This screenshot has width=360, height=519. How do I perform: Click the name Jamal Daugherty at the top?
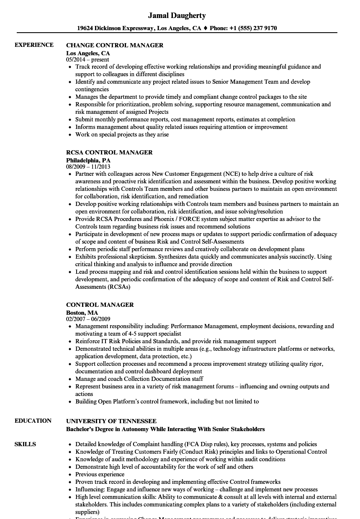[x=177, y=15]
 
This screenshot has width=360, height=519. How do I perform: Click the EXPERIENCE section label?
[x=34, y=45]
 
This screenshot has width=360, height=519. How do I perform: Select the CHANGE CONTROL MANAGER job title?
[x=115, y=45]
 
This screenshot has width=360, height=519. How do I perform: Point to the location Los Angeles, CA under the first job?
[x=88, y=53]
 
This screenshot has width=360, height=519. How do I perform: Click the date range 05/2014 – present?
[x=87, y=60]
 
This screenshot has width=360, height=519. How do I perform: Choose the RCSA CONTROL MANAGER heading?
[x=109, y=152]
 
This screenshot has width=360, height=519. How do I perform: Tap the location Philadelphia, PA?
[x=88, y=160]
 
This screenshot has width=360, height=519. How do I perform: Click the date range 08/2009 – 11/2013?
[x=88, y=167]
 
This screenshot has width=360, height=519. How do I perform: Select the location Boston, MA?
[x=82, y=313]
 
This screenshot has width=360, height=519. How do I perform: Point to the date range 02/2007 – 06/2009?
[x=88, y=319]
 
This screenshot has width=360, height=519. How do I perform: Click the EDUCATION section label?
[x=33, y=421]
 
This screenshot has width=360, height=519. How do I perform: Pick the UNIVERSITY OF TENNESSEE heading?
[x=111, y=421]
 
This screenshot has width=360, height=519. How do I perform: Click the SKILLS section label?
[x=25, y=444]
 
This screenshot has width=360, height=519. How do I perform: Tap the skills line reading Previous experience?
[x=100, y=474]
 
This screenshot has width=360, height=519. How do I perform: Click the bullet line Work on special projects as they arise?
[x=122, y=134]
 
